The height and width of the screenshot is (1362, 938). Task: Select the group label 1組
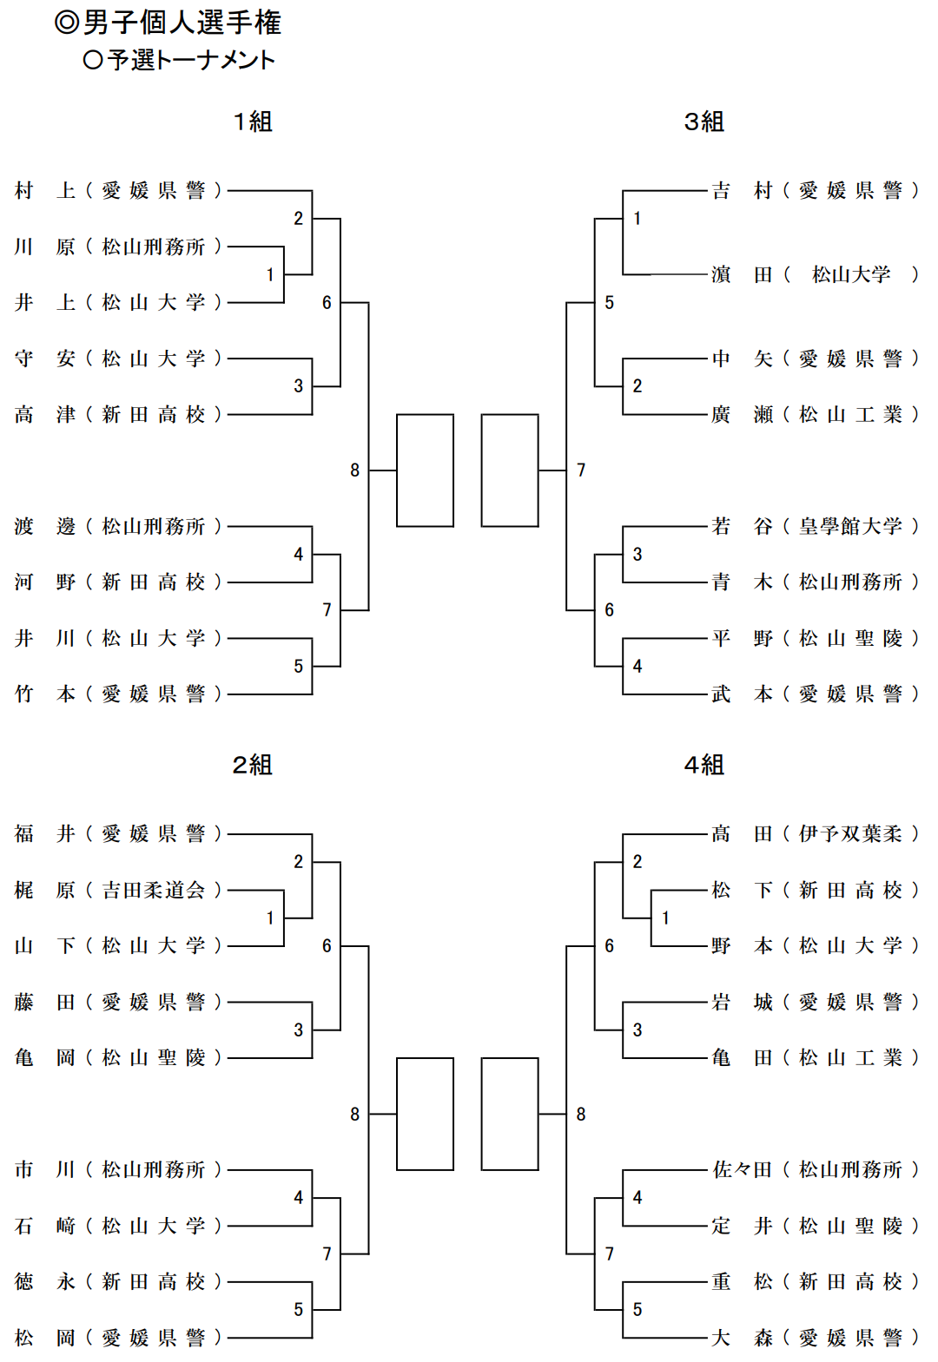[253, 122]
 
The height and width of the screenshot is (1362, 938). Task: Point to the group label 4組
[703, 765]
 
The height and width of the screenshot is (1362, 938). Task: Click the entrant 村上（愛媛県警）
[118, 190]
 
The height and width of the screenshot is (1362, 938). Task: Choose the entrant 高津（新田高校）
[118, 415]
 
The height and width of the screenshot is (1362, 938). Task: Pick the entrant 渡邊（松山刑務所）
[118, 527]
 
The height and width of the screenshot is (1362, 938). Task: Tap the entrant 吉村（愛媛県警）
[815, 190]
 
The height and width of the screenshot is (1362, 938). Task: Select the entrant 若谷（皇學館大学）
[815, 527]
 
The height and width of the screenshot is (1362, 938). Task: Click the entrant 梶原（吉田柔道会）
[118, 890]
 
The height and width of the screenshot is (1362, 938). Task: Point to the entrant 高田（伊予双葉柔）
[815, 834]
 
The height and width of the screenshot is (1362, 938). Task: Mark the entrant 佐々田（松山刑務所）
[815, 1170]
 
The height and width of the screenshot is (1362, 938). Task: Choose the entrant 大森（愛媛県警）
[815, 1338]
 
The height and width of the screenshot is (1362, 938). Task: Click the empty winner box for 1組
[425, 470]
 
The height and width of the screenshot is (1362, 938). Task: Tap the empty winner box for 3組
[510, 470]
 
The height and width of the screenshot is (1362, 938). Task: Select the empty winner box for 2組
[425, 1114]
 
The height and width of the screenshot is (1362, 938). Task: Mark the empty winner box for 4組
[510, 1114]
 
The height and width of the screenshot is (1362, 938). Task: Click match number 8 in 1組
[354, 470]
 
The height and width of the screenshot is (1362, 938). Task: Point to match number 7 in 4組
[609, 1253]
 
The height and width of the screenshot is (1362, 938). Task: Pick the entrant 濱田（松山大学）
[815, 275]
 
